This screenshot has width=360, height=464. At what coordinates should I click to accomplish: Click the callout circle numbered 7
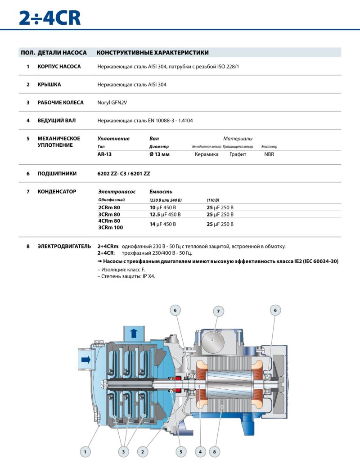pos(218,311)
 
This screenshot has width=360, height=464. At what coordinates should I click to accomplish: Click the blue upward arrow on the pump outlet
pos(133,333)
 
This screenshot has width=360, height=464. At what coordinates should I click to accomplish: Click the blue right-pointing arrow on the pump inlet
pos(85,359)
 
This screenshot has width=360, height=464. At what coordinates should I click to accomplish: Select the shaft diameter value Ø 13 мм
pos(159,154)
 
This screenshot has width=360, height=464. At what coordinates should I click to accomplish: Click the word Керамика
pos(207,154)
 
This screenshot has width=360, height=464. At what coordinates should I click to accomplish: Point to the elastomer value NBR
pos(269,154)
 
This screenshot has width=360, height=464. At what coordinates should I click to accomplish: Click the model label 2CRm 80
pos(109,207)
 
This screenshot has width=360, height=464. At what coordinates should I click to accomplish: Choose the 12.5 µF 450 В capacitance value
pos(165,215)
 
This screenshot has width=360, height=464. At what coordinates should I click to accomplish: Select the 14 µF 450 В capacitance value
pos(162,224)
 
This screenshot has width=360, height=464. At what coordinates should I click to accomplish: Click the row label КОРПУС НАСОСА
pos(59,67)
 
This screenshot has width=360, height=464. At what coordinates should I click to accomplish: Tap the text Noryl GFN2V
pos(112,103)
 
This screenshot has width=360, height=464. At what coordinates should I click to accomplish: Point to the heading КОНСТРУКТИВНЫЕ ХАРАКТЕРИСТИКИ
pos(153,53)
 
